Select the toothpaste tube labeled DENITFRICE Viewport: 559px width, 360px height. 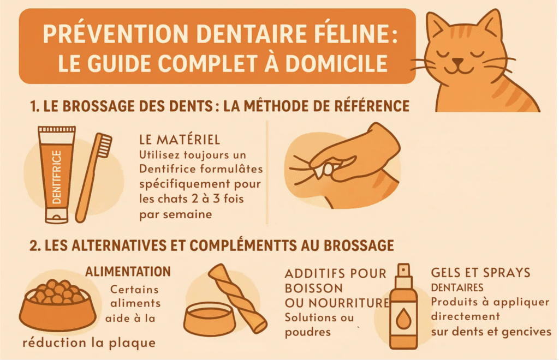click(x=56, y=175)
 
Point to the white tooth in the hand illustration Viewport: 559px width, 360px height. click(x=330, y=170)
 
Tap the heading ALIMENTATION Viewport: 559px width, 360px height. click(x=128, y=271)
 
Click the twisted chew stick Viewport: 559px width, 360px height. click(x=238, y=297)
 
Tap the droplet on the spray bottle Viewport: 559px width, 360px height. click(x=403, y=320)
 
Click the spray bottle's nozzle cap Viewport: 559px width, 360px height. click(x=403, y=272)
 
